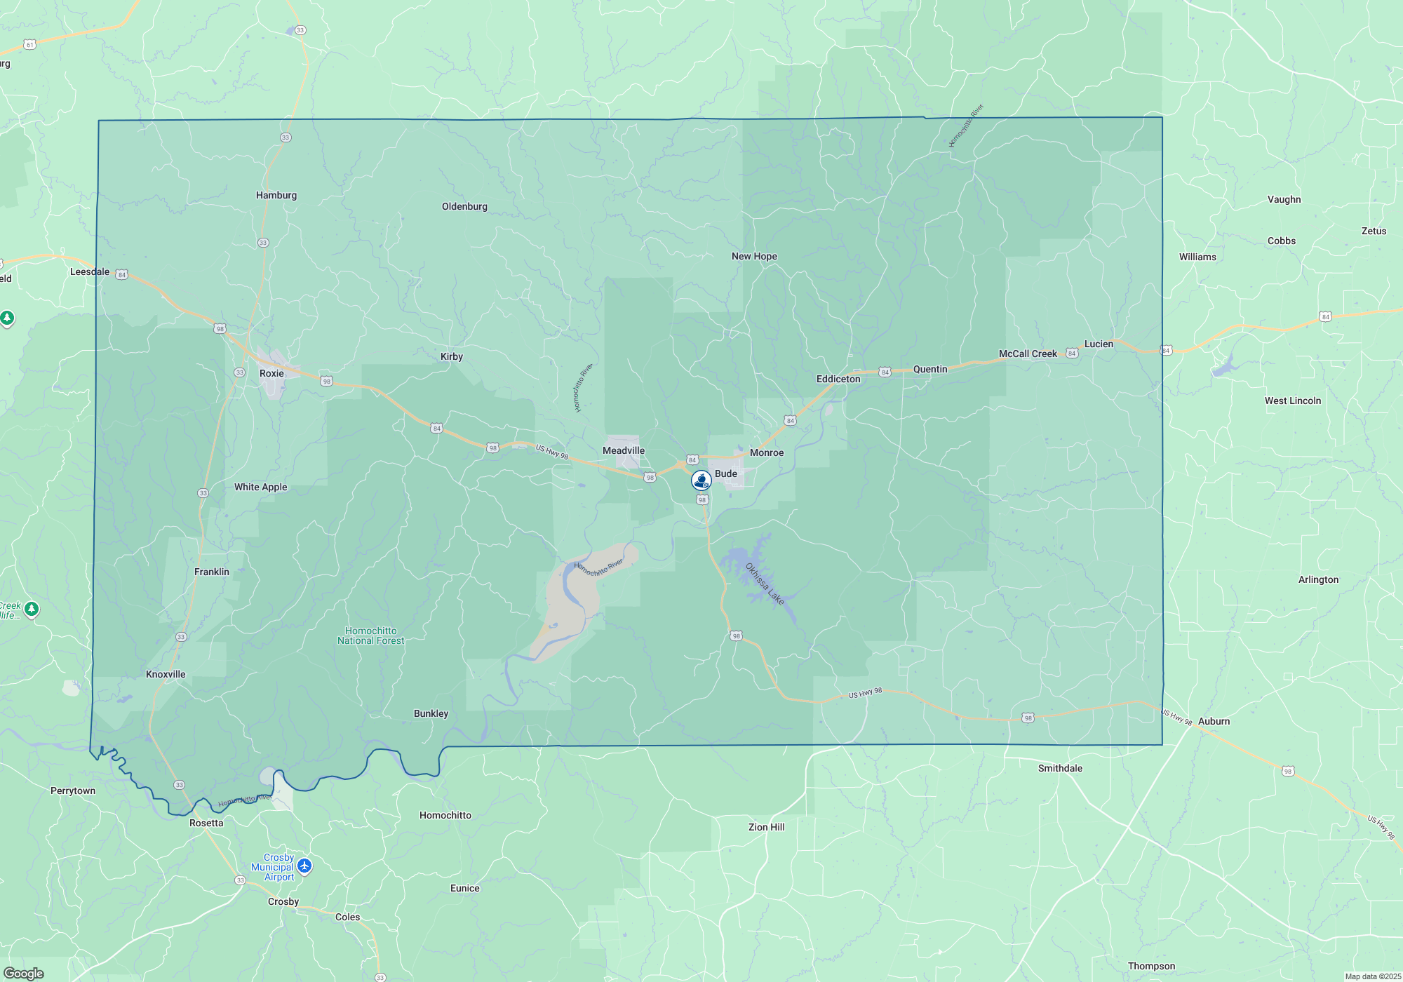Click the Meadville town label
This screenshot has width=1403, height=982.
click(624, 451)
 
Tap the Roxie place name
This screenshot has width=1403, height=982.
click(271, 374)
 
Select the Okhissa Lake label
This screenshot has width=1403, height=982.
click(765, 584)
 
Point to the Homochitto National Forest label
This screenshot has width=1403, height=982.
click(371, 636)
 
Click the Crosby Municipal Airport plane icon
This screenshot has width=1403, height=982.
click(304, 866)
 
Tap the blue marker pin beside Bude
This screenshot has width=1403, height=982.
click(701, 480)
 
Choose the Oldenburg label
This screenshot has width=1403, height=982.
click(464, 207)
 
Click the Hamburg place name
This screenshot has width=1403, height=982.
click(276, 196)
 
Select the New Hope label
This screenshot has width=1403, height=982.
click(754, 257)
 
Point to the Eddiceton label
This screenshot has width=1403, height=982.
click(838, 379)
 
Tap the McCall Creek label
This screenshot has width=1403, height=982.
click(1028, 354)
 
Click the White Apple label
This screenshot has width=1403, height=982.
click(261, 487)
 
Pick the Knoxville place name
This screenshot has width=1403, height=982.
click(166, 675)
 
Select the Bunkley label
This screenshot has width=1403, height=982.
click(431, 714)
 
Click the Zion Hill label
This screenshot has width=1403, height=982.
click(767, 828)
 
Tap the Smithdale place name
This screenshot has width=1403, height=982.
click(1060, 769)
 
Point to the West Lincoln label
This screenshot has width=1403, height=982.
click(1293, 401)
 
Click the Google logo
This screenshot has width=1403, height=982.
click(24, 974)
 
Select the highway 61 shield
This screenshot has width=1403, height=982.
click(29, 45)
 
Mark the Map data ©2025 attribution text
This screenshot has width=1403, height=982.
click(1373, 976)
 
